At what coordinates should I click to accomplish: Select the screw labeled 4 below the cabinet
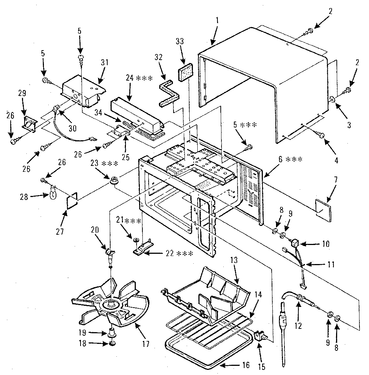pos(322,136)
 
